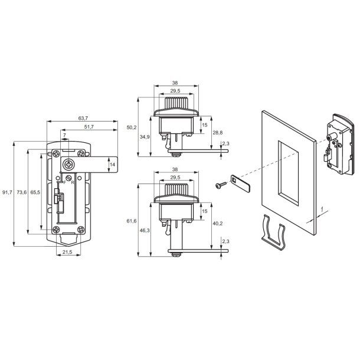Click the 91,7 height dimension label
tap(7, 192)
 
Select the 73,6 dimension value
tap(22, 192)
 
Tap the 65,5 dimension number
tap(35, 192)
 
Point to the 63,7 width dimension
tap(83, 118)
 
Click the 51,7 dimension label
tap(89, 127)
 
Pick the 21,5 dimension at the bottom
tap(67, 252)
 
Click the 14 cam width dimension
tap(112, 165)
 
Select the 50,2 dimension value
tap(132, 127)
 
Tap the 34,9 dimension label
tap(145, 137)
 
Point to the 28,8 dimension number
tap(217, 132)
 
